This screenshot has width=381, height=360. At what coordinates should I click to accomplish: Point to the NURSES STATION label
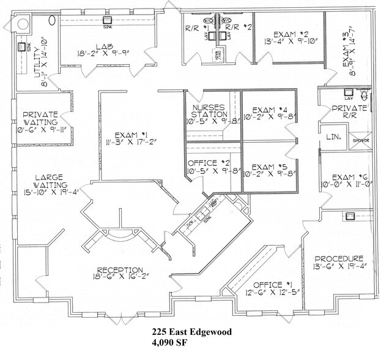pos(209,110)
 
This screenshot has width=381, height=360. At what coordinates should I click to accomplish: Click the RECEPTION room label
pos(120,270)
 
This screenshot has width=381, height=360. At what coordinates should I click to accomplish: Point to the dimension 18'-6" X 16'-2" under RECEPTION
pos(120,279)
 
